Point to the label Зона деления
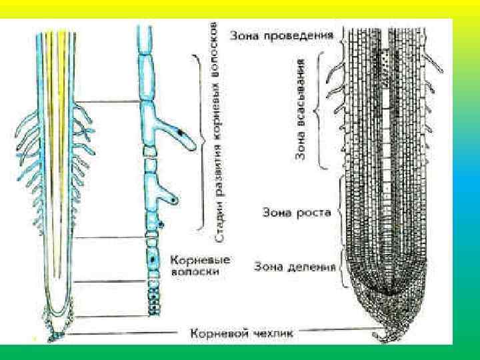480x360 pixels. click(x=293, y=267)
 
